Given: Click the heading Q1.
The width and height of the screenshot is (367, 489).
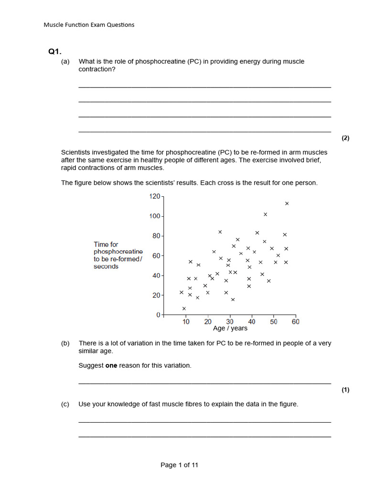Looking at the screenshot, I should pos(55,52).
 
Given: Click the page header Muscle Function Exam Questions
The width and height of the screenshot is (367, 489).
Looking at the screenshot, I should pos(89,25).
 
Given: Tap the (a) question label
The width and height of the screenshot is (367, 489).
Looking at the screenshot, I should pos(65,62).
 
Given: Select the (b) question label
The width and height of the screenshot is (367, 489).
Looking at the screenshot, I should pos(65,343).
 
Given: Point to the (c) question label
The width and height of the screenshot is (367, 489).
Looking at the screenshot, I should pos(65,404).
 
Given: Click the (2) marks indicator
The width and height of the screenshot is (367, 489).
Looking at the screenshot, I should pos(345,138).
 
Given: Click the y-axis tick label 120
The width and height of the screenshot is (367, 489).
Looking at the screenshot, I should pos(155,196).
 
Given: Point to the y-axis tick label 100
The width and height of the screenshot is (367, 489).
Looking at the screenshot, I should pos(155,216).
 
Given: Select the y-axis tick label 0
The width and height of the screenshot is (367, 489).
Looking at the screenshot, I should pos(158,315).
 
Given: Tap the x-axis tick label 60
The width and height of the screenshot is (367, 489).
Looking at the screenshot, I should pos(295,322).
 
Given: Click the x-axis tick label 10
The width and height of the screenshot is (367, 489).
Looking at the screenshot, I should pos(186,322).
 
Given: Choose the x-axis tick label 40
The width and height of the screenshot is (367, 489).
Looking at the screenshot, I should pos(252,322).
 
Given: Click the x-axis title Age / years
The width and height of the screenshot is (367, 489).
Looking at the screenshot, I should pos(230,329).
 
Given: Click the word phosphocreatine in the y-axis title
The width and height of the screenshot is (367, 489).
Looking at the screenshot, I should pos(118,252).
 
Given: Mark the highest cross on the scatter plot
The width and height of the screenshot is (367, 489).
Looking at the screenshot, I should pos(287,203).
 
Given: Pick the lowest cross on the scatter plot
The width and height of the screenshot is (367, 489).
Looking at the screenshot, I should pos(184,308).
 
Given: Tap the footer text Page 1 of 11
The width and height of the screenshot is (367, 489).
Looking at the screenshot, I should pos(179,465).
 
